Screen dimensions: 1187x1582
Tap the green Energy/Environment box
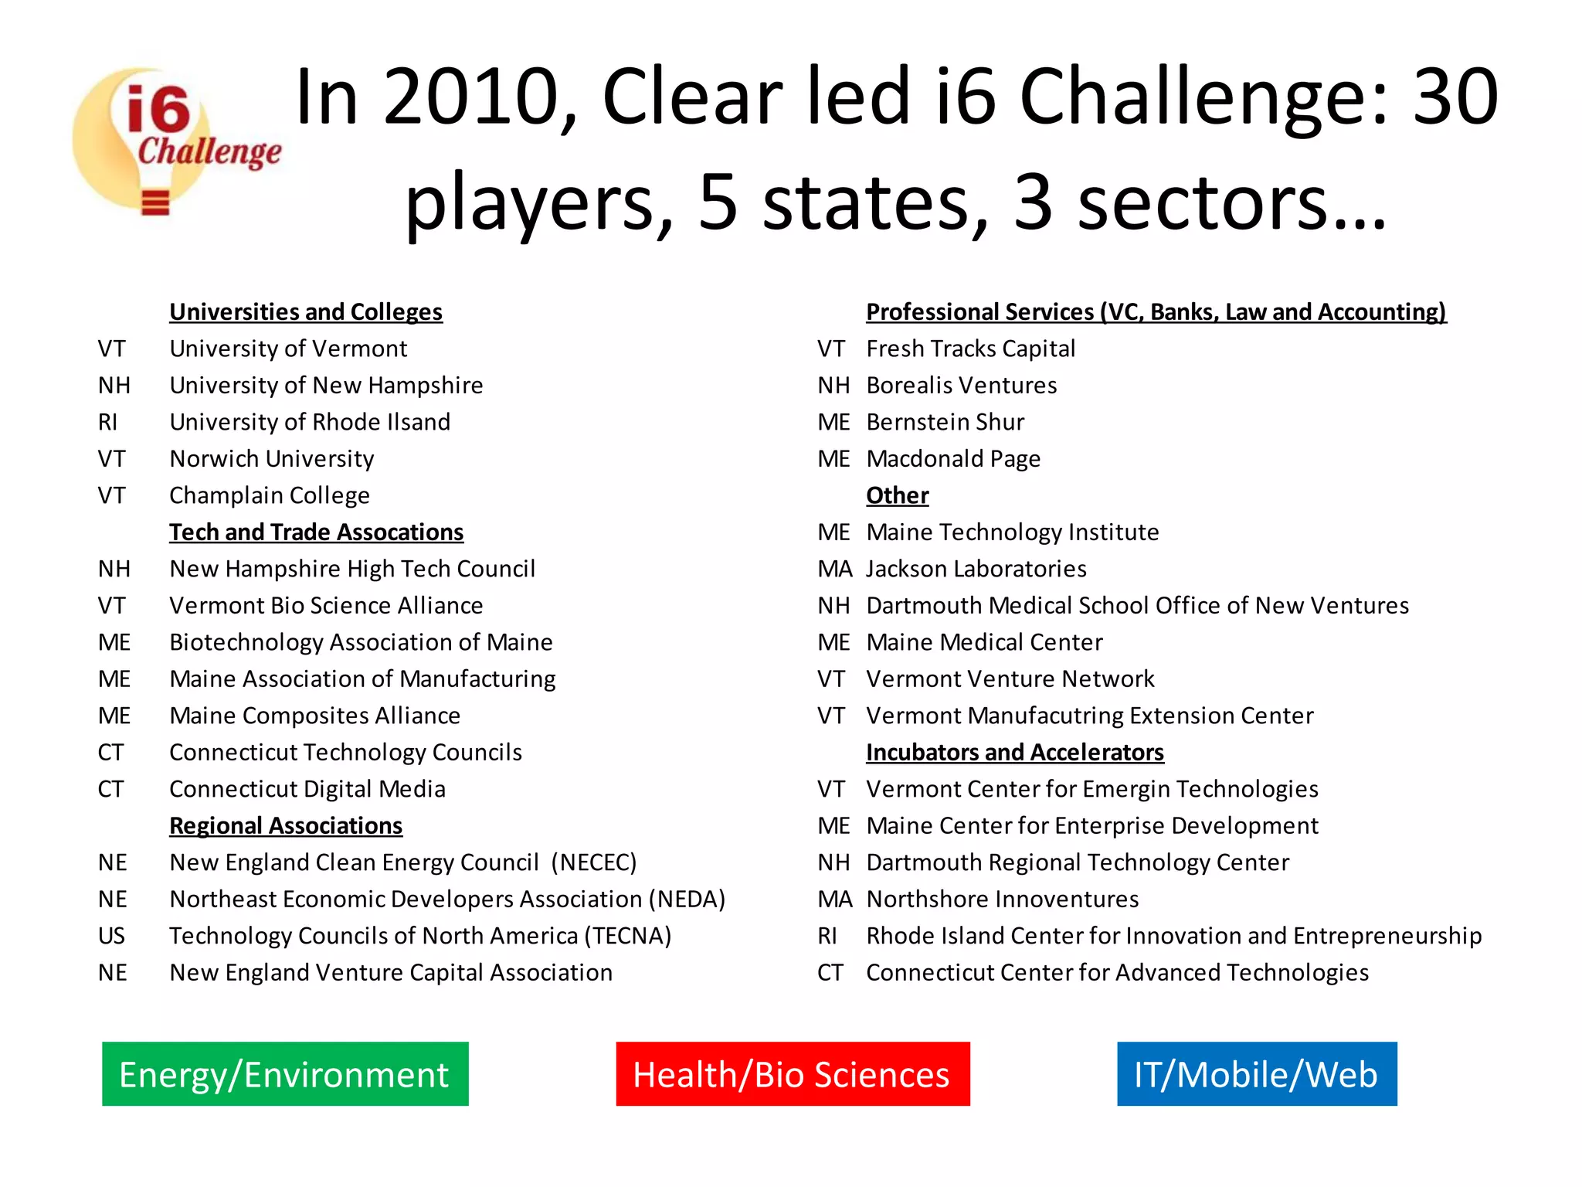tap(285, 1073)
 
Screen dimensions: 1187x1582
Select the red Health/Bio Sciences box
tap(793, 1073)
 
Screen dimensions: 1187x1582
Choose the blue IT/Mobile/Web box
tap(1256, 1073)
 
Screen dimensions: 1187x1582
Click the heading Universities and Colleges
tap(306, 311)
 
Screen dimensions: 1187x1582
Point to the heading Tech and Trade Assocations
tap(316, 532)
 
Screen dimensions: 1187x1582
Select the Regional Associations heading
tap(286, 825)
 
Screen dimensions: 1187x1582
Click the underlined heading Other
tap(897, 495)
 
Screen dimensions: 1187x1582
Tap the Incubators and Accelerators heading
tap(1014, 752)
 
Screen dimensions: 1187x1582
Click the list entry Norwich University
tap(272, 458)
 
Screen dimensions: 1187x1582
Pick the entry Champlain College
tap(270, 495)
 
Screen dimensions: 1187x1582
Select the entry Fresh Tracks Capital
tap(970, 349)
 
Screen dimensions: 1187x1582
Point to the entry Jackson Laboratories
tap(976, 569)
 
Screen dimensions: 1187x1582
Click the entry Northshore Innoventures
tap(1002, 899)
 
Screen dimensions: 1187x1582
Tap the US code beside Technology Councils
tap(111, 936)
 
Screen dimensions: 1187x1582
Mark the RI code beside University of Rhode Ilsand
tap(107, 422)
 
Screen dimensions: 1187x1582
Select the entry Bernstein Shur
tap(945, 422)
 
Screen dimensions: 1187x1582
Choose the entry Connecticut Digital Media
tap(307, 789)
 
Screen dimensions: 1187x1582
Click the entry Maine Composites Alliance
tap(314, 716)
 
